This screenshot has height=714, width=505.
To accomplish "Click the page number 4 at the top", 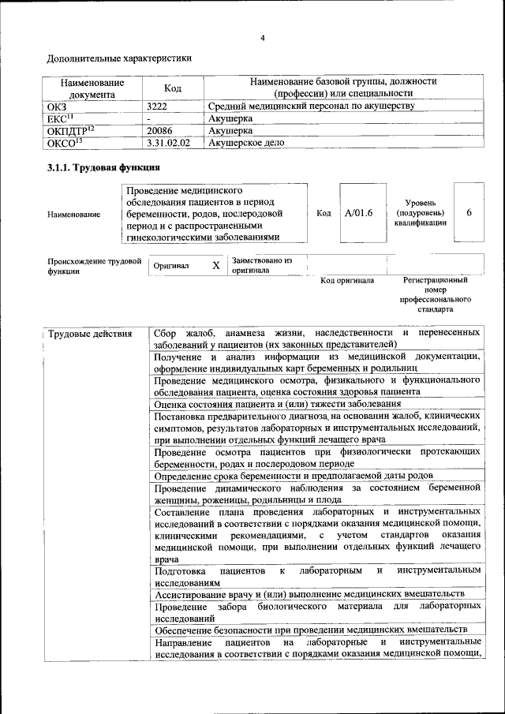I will pos(263,38).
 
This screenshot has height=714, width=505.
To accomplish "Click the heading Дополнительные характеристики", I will pos(118,58).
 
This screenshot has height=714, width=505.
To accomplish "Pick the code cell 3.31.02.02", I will pos(168,144).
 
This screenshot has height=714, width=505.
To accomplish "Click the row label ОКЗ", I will pos(58,106).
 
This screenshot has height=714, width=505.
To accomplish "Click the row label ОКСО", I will pos(65,144).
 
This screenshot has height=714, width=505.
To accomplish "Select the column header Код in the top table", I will pos(173,88).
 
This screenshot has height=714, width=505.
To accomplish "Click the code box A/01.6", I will pos(358,212).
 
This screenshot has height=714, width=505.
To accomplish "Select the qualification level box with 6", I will pos(469,212).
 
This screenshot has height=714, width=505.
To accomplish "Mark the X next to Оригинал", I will pos(215,266).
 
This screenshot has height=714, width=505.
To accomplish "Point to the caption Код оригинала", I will pos(347,281).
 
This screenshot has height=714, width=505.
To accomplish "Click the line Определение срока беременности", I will pos(293,476).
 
